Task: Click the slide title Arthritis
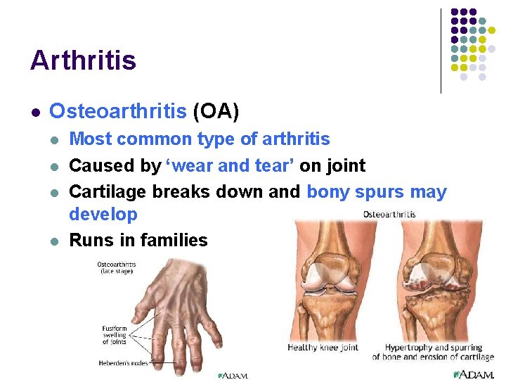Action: click(83, 61)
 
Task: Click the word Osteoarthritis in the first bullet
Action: click(118, 111)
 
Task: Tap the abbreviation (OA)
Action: click(216, 111)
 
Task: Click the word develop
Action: click(103, 214)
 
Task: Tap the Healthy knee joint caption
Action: click(323, 348)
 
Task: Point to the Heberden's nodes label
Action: click(122, 363)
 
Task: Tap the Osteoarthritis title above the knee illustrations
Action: click(389, 214)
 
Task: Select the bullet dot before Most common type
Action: click(54, 140)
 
